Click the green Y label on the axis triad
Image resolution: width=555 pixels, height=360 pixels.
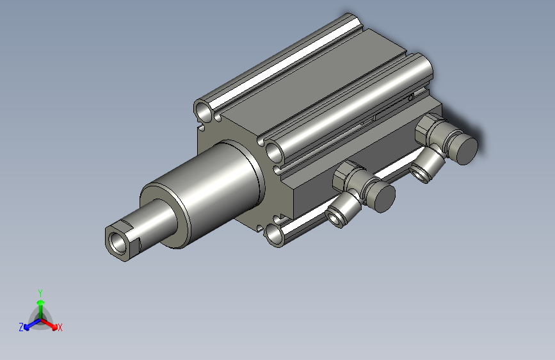[40, 292]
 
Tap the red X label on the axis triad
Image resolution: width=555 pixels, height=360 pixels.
[60, 328]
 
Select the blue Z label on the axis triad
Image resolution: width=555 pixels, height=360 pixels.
[21, 327]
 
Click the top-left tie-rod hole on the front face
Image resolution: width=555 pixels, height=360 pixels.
[205, 113]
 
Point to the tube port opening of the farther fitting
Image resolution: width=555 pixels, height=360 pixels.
[419, 173]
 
